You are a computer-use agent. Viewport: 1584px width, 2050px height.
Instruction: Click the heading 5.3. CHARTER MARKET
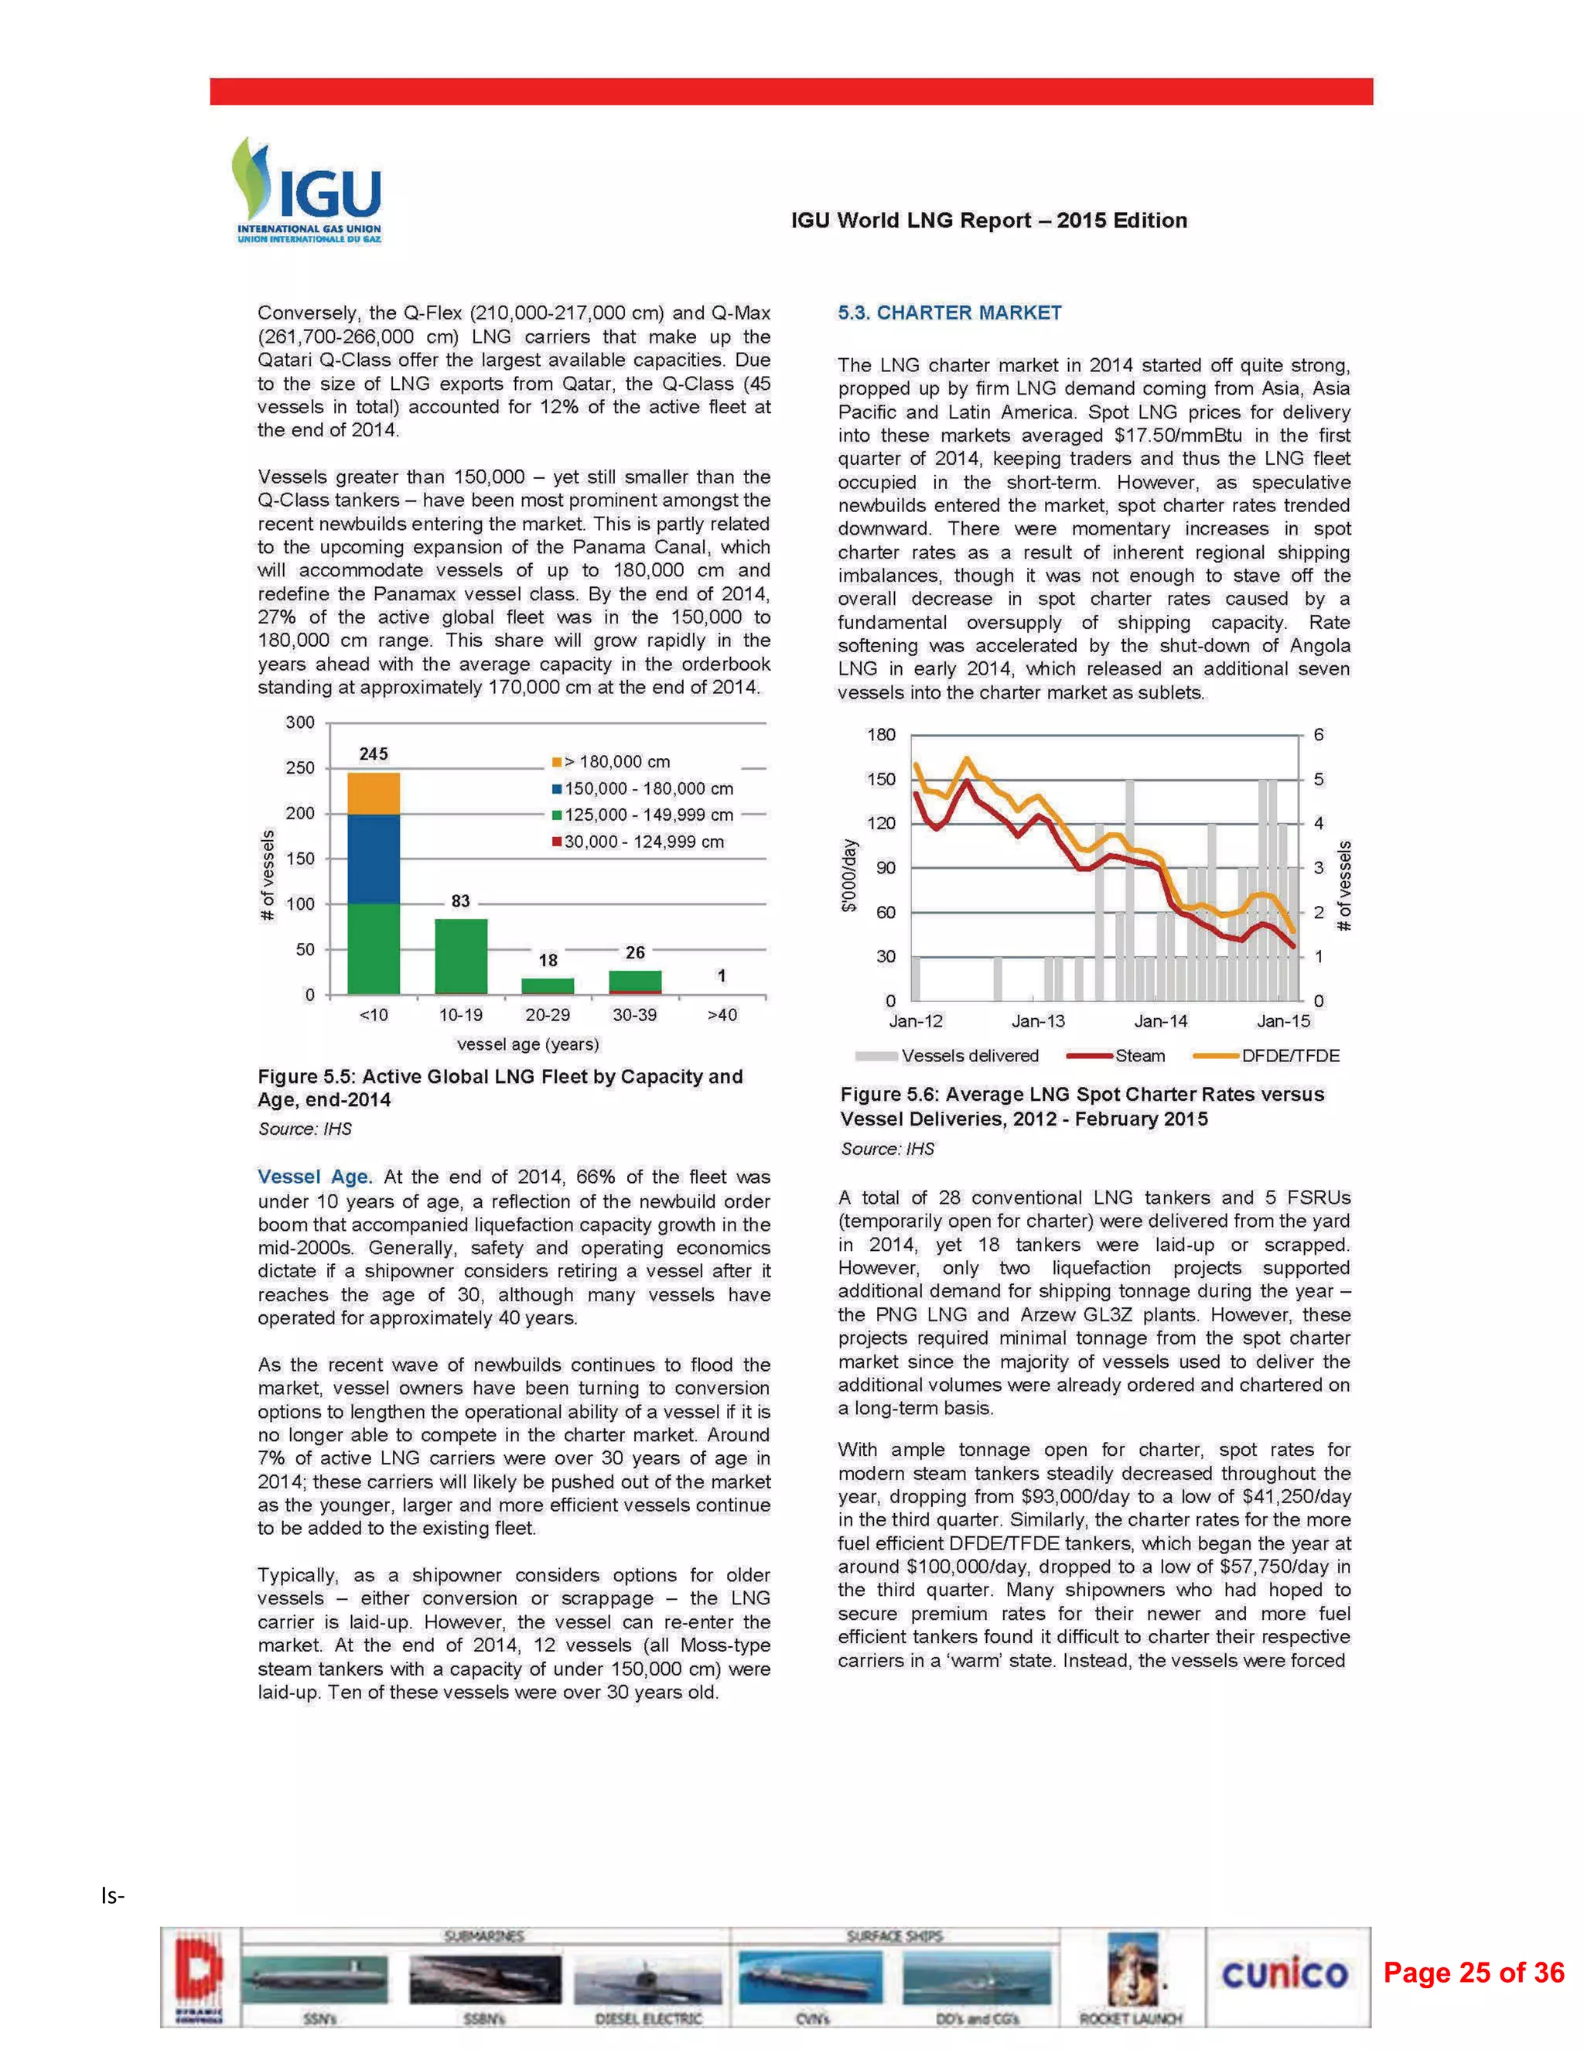pos(949,313)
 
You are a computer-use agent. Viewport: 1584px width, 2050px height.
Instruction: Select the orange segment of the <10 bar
pos(374,793)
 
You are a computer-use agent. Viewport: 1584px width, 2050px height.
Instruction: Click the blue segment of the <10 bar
pos(374,858)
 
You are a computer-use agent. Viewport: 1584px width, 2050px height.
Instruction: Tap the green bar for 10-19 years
pos(461,955)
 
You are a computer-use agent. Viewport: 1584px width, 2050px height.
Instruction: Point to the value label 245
pos(374,753)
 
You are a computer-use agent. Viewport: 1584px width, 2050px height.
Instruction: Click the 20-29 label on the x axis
pos(547,1015)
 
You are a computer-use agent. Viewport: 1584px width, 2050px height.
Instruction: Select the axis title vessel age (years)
pos(527,1044)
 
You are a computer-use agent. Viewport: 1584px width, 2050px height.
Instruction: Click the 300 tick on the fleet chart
pos(300,722)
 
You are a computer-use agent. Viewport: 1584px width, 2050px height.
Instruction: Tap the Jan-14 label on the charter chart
pos(1161,1021)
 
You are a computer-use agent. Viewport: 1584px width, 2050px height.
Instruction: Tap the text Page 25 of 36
pos(1473,1972)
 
